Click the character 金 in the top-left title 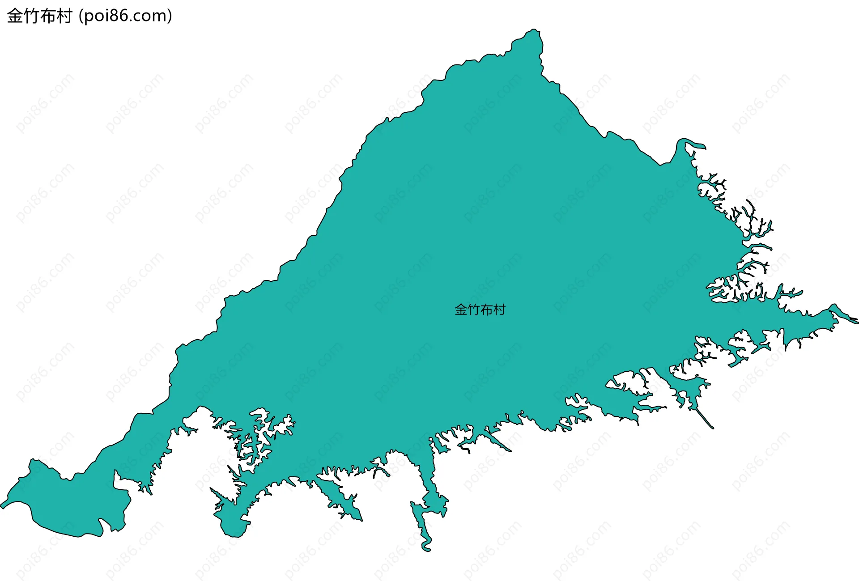tap(15, 16)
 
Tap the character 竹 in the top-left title tap(32, 16)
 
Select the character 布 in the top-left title tap(48, 16)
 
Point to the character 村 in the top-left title tap(64, 16)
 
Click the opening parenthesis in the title tap(81, 16)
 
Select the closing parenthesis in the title tap(170, 16)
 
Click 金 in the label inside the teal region tap(461, 310)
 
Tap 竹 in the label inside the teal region tap(473, 310)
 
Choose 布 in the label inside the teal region tap(486, 310)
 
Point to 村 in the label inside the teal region tap(499, 310)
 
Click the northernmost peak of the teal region tap(534, 30)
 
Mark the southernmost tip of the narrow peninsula tap(426, 549)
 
